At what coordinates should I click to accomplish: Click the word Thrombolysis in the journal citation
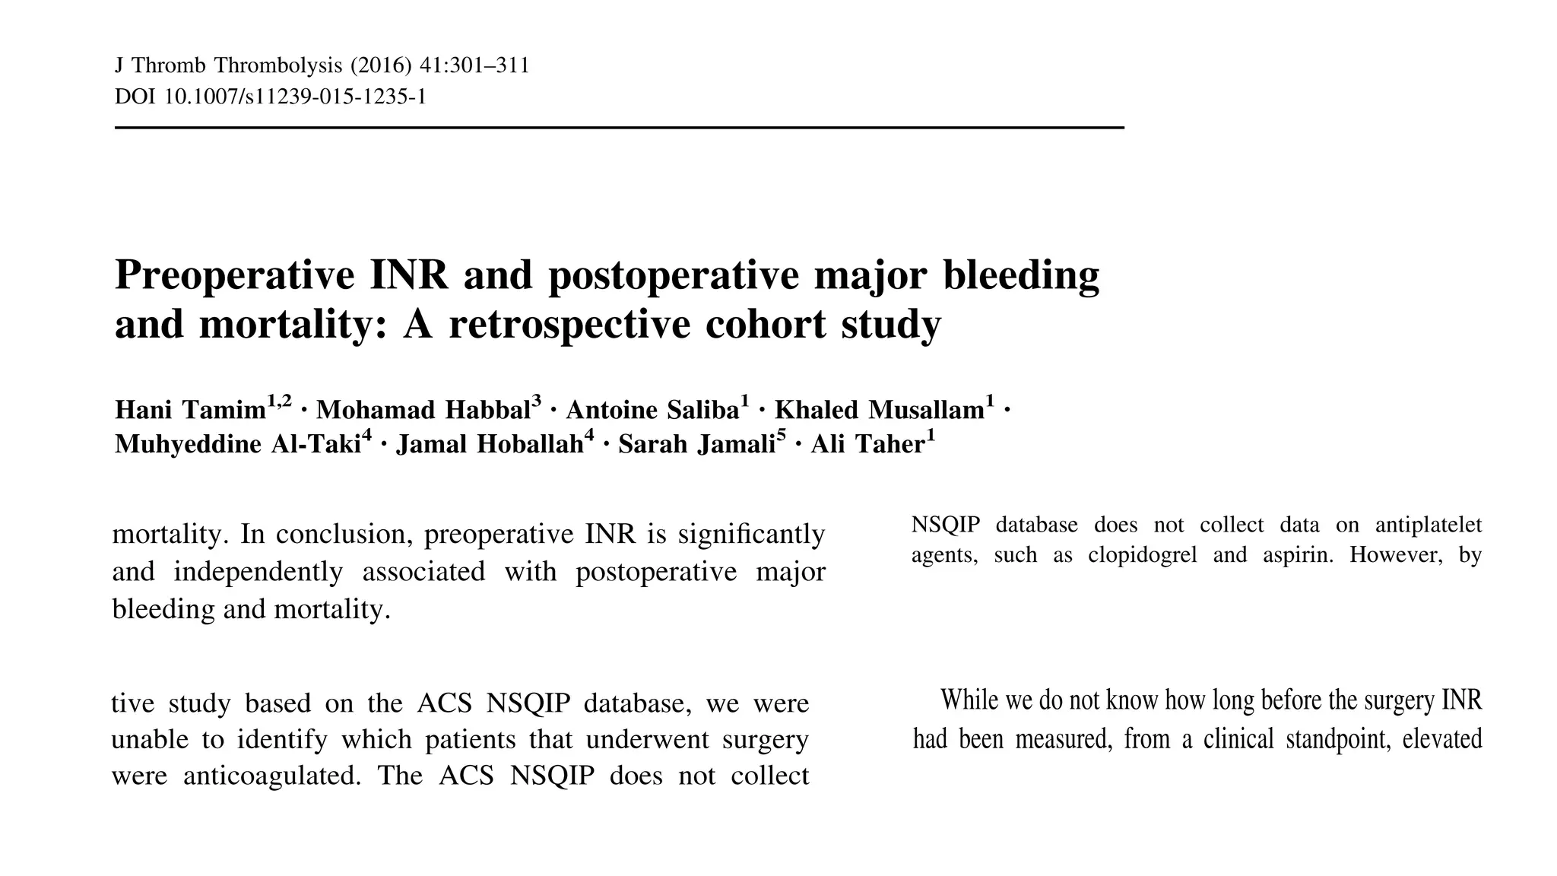278,66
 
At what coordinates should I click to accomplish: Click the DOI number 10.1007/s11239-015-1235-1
295,97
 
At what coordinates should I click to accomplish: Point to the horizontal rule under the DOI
619,128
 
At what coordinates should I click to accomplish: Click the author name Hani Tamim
190,411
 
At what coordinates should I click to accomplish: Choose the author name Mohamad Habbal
423,411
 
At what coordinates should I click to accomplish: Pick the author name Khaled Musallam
879,411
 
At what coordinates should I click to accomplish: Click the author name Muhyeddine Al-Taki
237,444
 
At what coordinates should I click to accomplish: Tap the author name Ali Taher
867,444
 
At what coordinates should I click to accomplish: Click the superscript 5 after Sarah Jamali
781,436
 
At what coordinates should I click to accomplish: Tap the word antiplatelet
1429,525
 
